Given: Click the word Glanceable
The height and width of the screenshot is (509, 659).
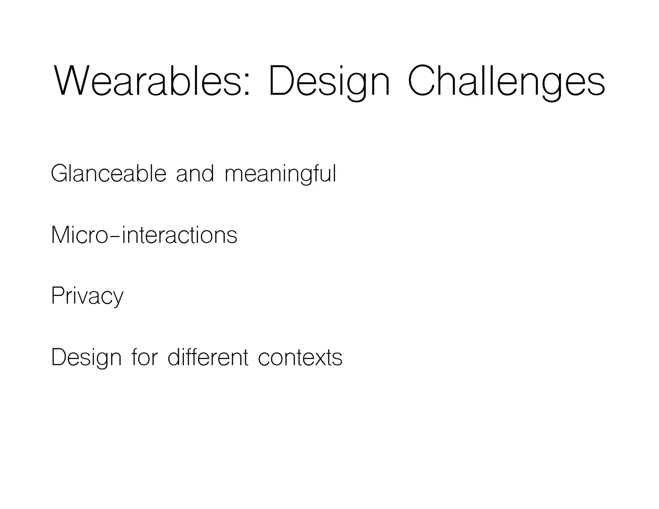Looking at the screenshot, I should [108, 174].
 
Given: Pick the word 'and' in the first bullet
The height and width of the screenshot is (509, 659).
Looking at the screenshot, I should [195, 174].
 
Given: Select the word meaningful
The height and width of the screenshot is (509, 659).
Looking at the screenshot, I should [280, 174].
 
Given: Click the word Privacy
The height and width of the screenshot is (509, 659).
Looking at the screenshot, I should [87, 296].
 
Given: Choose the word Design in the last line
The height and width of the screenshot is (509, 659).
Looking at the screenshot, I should [86, 358].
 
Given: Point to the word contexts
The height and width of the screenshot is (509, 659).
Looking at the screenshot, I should [300, 358].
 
